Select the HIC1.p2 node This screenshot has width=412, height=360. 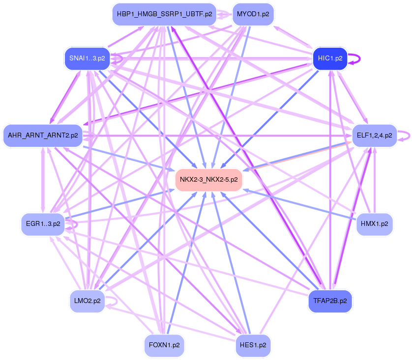[x=330, y=58]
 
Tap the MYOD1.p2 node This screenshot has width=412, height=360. [x=253, y=14]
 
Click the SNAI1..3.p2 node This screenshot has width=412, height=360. [x=87, y=58]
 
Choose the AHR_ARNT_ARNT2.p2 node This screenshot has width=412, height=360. [x=43, y=135]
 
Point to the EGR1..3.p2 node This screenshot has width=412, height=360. [x=43, y=224]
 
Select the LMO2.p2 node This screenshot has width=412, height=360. [x=87, y=301]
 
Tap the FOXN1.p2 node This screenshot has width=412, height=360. [x=164, y=345]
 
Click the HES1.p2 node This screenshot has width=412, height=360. [x=253, y=345]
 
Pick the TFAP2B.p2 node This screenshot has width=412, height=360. [x=330, y=301]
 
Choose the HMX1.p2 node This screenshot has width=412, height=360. [x=374, y=224]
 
